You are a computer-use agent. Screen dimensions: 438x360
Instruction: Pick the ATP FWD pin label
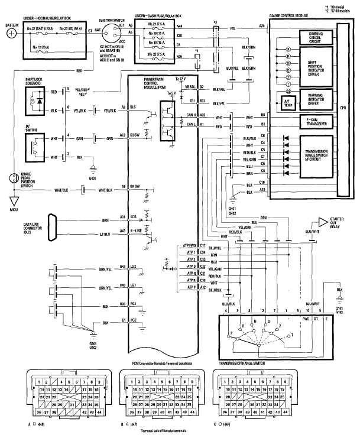tap(189, 245)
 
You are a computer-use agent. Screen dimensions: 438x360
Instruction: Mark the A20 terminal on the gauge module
tap(262, 27)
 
